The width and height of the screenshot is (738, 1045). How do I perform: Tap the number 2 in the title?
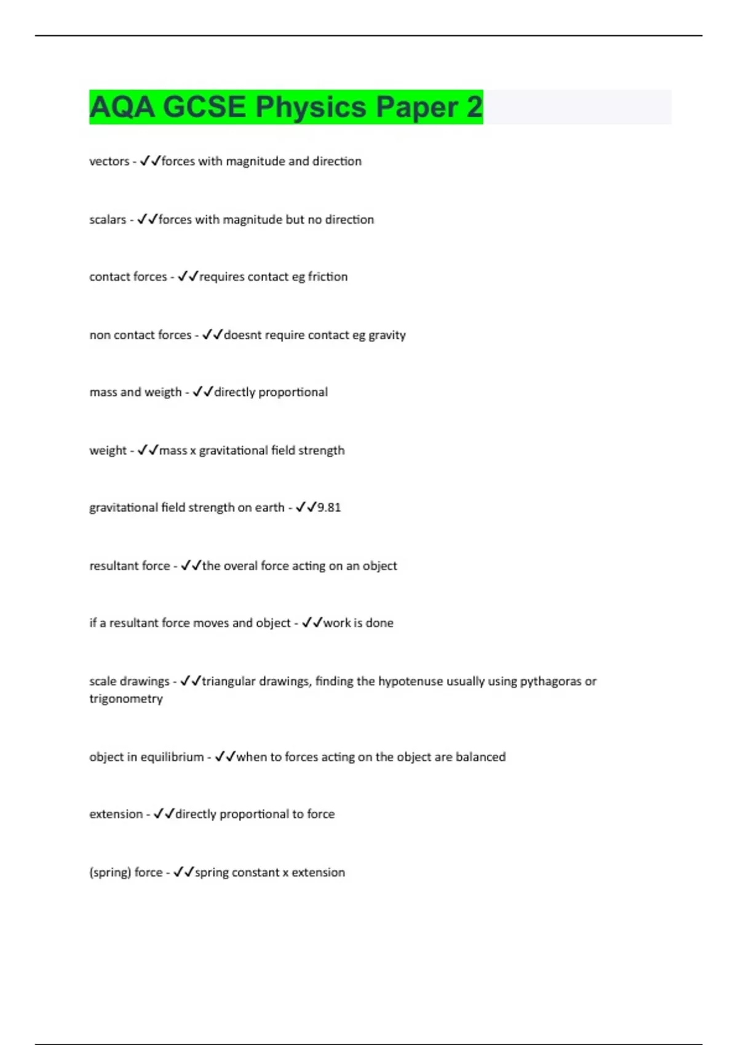pos(474,107)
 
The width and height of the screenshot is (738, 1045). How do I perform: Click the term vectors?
pos(109,161)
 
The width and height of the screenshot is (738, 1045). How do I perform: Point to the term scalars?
pos(107,219)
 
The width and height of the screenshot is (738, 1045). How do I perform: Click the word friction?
pos(327,277)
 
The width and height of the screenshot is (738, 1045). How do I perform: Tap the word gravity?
pos(387,335)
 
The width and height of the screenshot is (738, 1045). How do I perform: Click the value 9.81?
pos(329,508)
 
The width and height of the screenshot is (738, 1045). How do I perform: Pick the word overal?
pos(240,566)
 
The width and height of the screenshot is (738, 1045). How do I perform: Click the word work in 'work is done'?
pos(337,623)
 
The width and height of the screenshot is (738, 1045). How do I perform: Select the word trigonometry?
pos(125,699)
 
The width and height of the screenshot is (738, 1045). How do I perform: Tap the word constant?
pos(255,872)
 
